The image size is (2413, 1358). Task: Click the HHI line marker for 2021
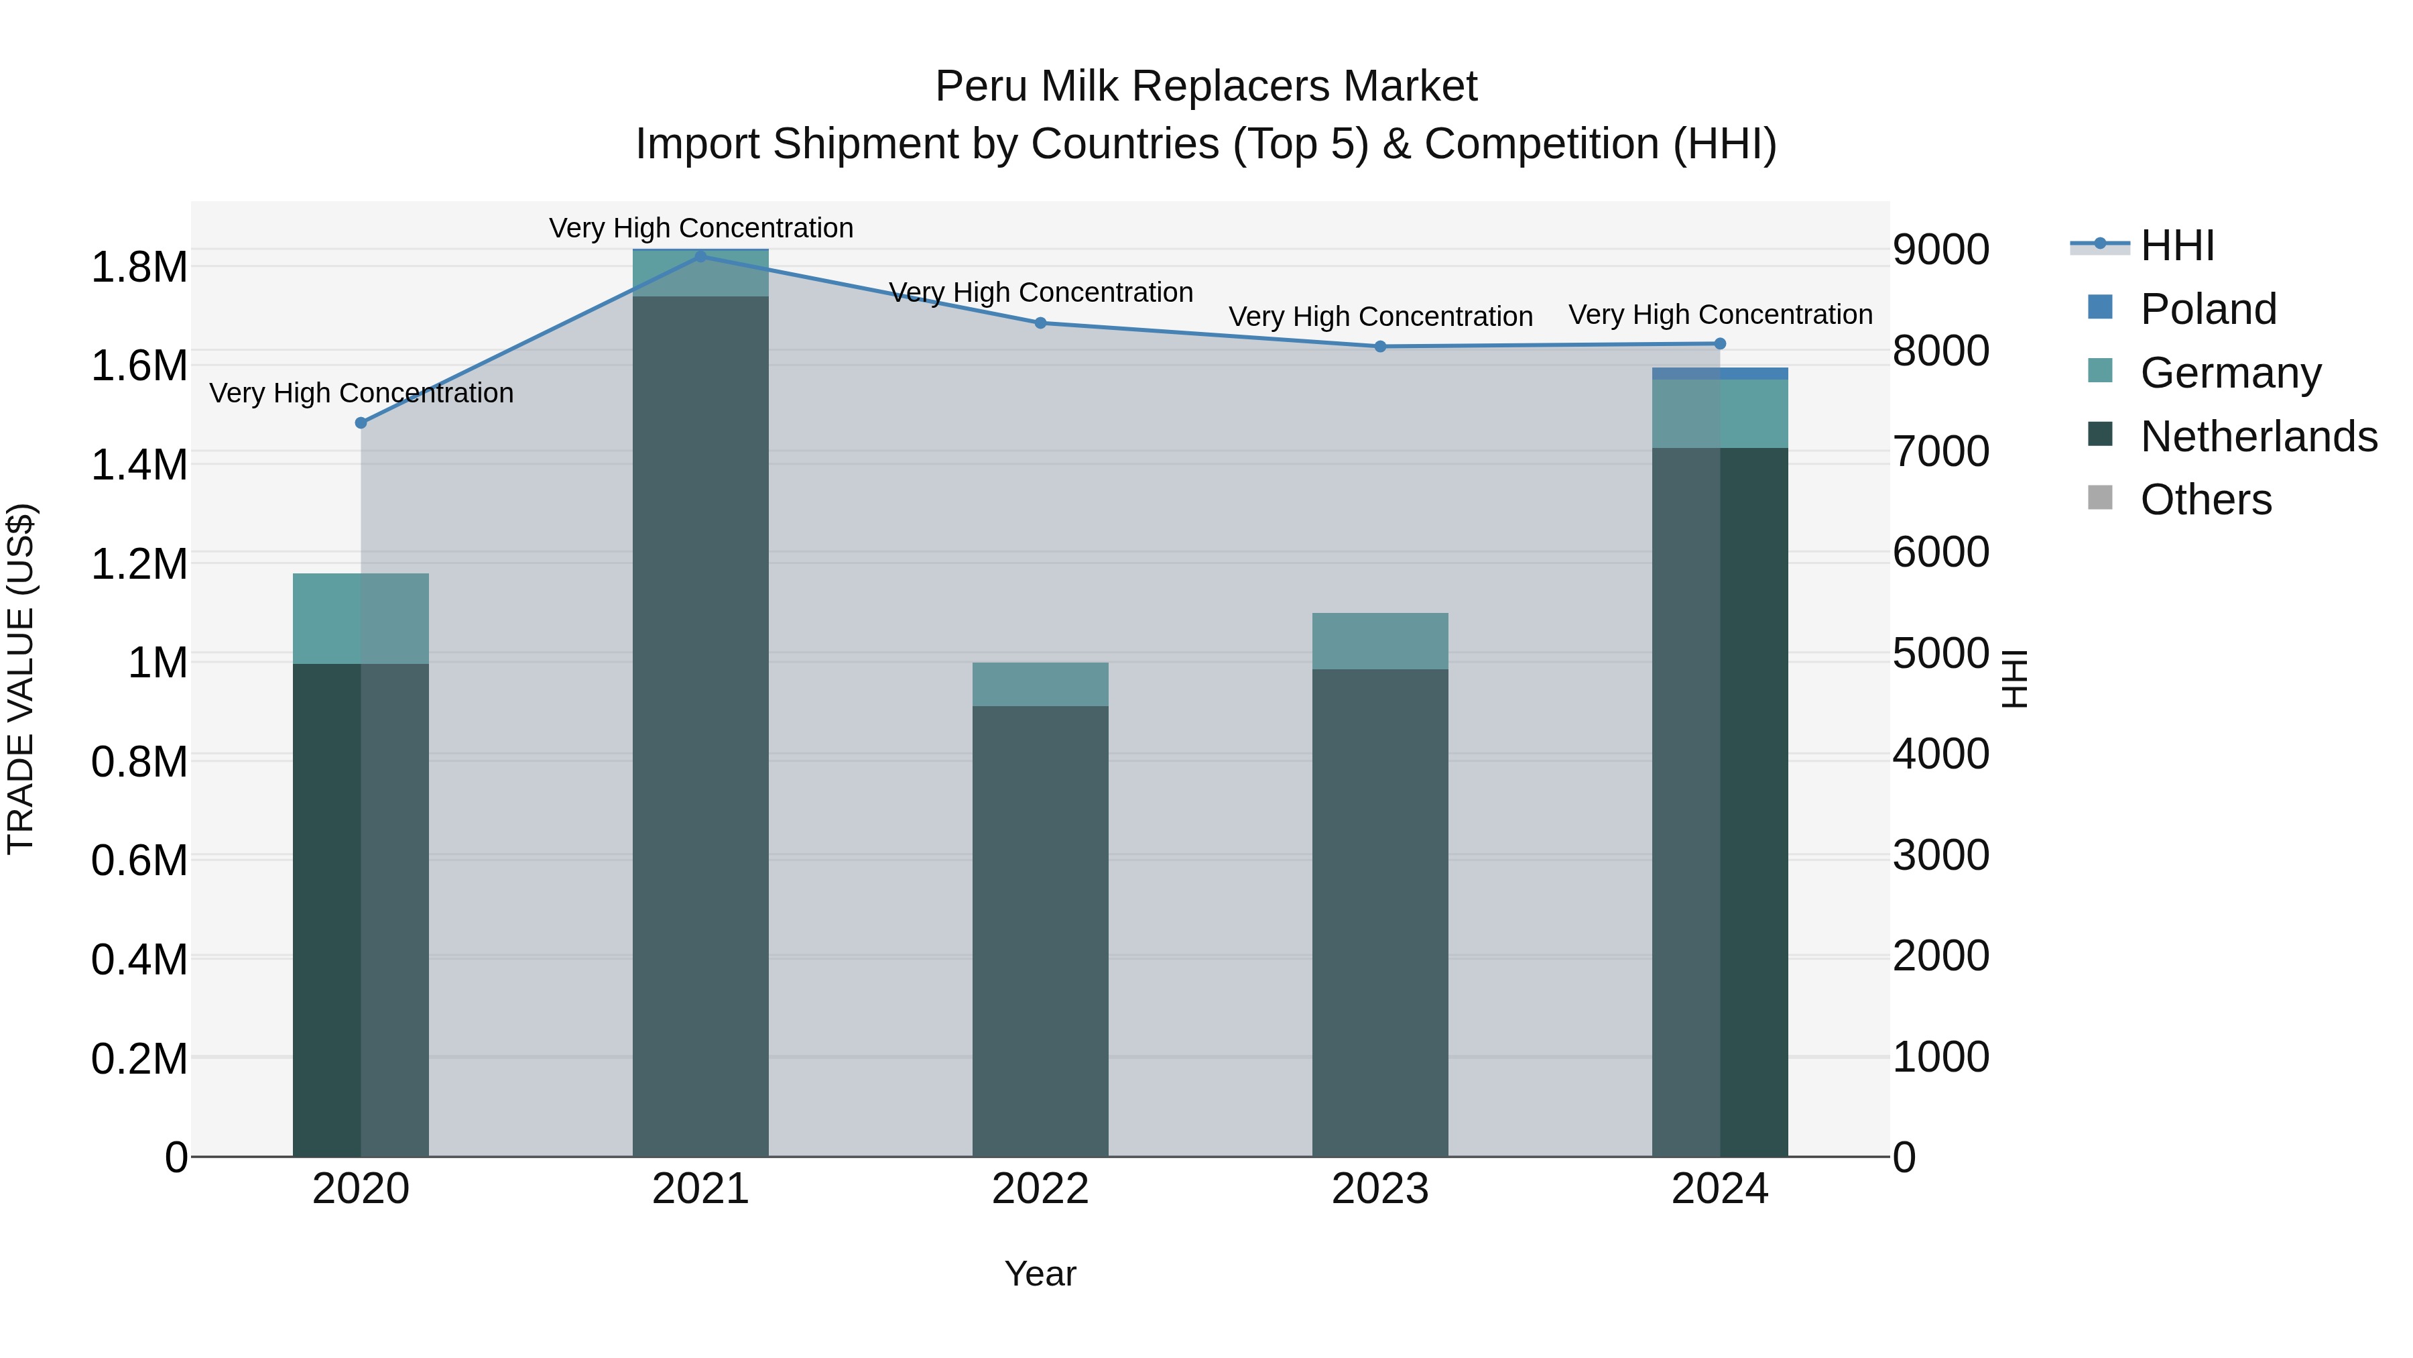[700, 257]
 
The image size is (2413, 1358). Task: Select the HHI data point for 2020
[361, 422]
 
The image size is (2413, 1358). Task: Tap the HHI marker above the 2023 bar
[1380, 347]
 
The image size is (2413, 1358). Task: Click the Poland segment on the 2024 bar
[1720, 374]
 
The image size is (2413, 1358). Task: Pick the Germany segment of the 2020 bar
[361, 618]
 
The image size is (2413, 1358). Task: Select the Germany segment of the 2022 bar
[1040, 684]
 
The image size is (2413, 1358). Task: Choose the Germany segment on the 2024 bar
[1720, 413]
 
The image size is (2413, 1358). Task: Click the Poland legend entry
[2207, 309]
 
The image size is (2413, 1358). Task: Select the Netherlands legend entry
[2257, 437]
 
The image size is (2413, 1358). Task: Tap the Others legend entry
[2205, 500]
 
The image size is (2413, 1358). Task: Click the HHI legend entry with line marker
[2145, 245]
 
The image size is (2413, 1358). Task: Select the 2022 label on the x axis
[1040, 1189]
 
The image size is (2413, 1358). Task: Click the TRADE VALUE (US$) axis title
[21, 679]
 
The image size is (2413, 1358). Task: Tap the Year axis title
[1040, 1274]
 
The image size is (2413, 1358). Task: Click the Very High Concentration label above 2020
[361, 393]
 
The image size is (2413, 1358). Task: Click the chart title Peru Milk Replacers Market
[1206, 87]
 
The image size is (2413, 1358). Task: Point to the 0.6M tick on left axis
[139, 860]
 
